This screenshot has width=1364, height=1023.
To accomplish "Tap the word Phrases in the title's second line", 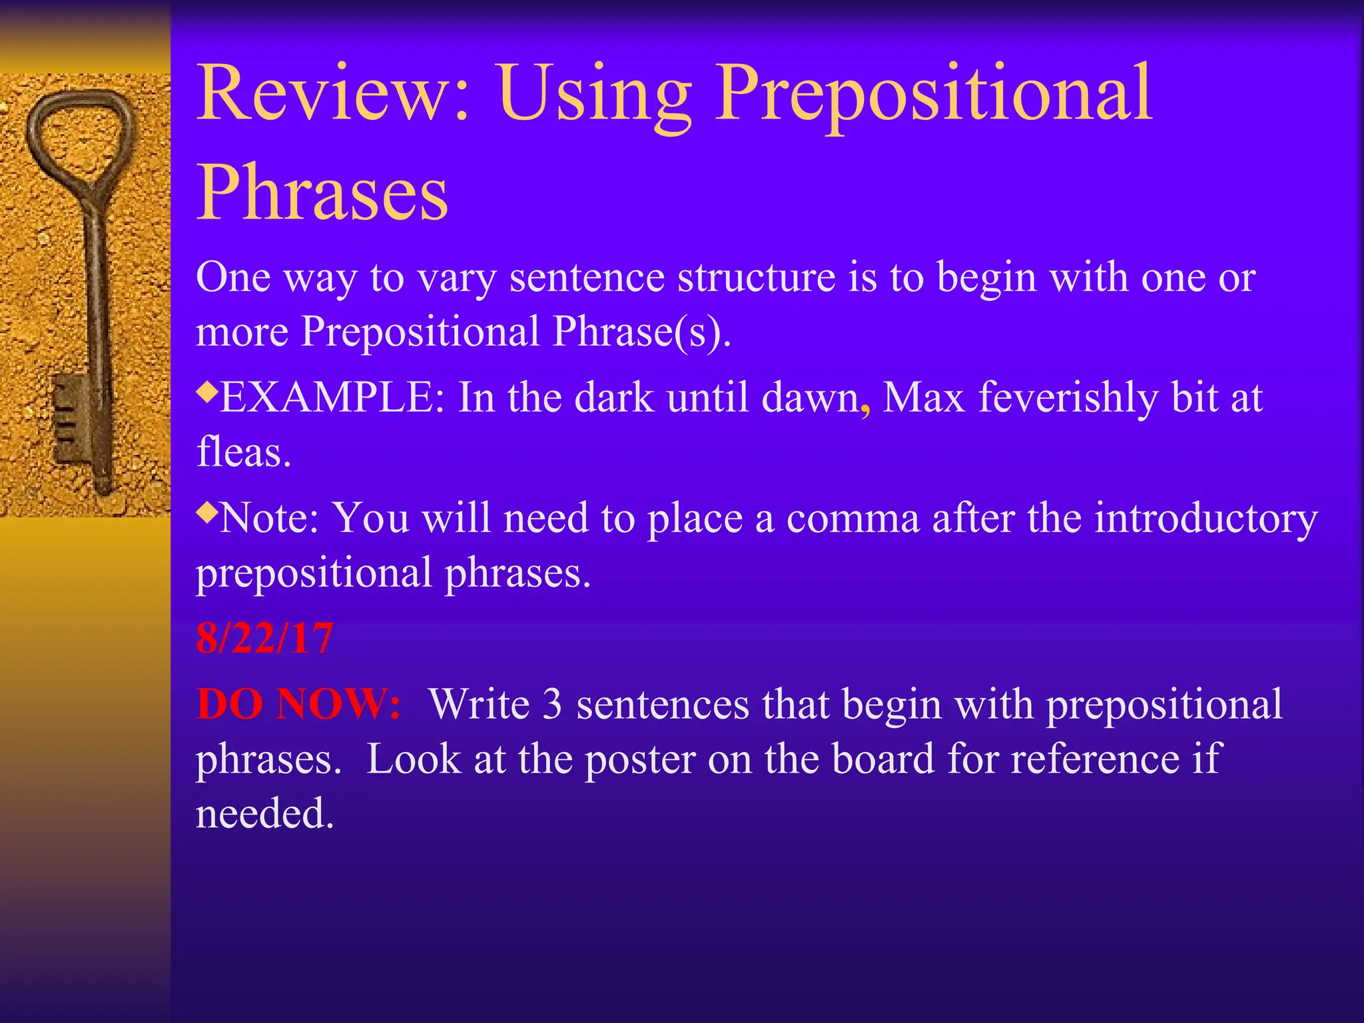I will (322, 193).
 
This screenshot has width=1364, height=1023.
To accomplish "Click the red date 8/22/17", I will (264, 638).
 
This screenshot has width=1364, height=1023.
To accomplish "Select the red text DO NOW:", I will (298, 703).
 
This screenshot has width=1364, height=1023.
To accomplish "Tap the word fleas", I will (243, 452).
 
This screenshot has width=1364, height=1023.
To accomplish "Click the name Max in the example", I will (923, 398).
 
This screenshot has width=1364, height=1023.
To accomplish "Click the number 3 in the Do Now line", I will (552, 704).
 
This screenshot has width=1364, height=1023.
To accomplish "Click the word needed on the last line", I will (264, 813).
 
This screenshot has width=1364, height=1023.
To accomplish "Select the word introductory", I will (1205, 518).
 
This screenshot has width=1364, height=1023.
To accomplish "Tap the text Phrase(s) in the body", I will (641, 331).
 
